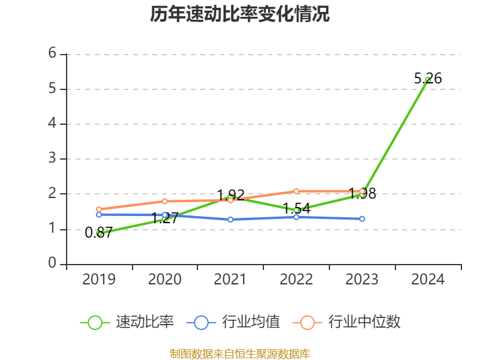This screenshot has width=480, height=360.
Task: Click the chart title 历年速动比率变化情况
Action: pyautogui.click(x=239, y=14)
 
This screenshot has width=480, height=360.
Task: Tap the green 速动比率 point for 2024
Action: pyautogui.click(x=428, y=80)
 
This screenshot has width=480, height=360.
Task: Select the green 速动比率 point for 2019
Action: pyautogui.click(x=100, y=233)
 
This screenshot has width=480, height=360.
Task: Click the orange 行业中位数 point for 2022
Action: pyautogui.click(x=296, y=191)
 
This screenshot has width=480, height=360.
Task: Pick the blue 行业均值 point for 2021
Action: pyautogui.click(x=230, y=220)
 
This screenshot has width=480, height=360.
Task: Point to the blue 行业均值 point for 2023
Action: pyautogui.click(x=362, y=219)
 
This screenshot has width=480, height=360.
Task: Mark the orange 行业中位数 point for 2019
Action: pyautogui.click(x=99, y=209)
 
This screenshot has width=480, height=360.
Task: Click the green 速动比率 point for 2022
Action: pyautogui.click(x=296, y=211)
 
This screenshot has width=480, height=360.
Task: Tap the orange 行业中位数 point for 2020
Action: pyautogui.click(x=165, y=201)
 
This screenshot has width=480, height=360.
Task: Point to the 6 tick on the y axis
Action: pyautogui.click(x=53, y=54)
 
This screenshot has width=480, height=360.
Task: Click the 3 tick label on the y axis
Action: pyautogui.click(x=53, y=159)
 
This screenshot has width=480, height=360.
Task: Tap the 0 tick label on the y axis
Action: pyautogui.click(x=53, y=264)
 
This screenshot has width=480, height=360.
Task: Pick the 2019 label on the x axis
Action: pyautogui.click(x=99, y=280)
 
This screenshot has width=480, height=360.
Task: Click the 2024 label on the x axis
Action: pyautogui.click(x=428, y=280)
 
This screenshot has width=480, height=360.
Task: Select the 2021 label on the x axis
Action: pyautogui.click(x=230, y=280)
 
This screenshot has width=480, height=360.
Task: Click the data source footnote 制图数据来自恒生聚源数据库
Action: pyautogui.click(x=239, y=354)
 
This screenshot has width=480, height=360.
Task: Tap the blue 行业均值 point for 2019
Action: pyautogui.click(x=99, y=214)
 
